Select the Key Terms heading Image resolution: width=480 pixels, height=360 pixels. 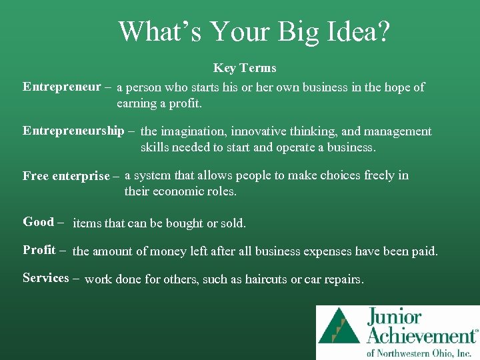245,68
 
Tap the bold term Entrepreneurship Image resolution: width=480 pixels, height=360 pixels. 73,131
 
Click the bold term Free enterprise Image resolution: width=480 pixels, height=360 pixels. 66,176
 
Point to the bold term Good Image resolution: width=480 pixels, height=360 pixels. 39,222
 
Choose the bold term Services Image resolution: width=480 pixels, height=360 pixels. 46,278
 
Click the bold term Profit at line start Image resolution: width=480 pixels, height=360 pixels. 39,250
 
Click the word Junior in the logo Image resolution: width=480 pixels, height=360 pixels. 393,318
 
